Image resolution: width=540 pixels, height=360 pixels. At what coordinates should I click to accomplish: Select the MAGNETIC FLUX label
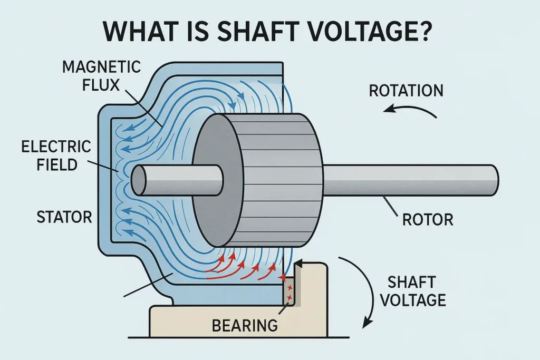click(101, 75)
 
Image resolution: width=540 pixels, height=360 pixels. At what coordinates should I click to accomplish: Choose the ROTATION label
click(406, 90)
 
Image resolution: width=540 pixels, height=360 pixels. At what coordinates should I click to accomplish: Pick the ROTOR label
click(428, 219)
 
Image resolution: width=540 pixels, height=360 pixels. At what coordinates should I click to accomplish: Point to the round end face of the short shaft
click(139, 180)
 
